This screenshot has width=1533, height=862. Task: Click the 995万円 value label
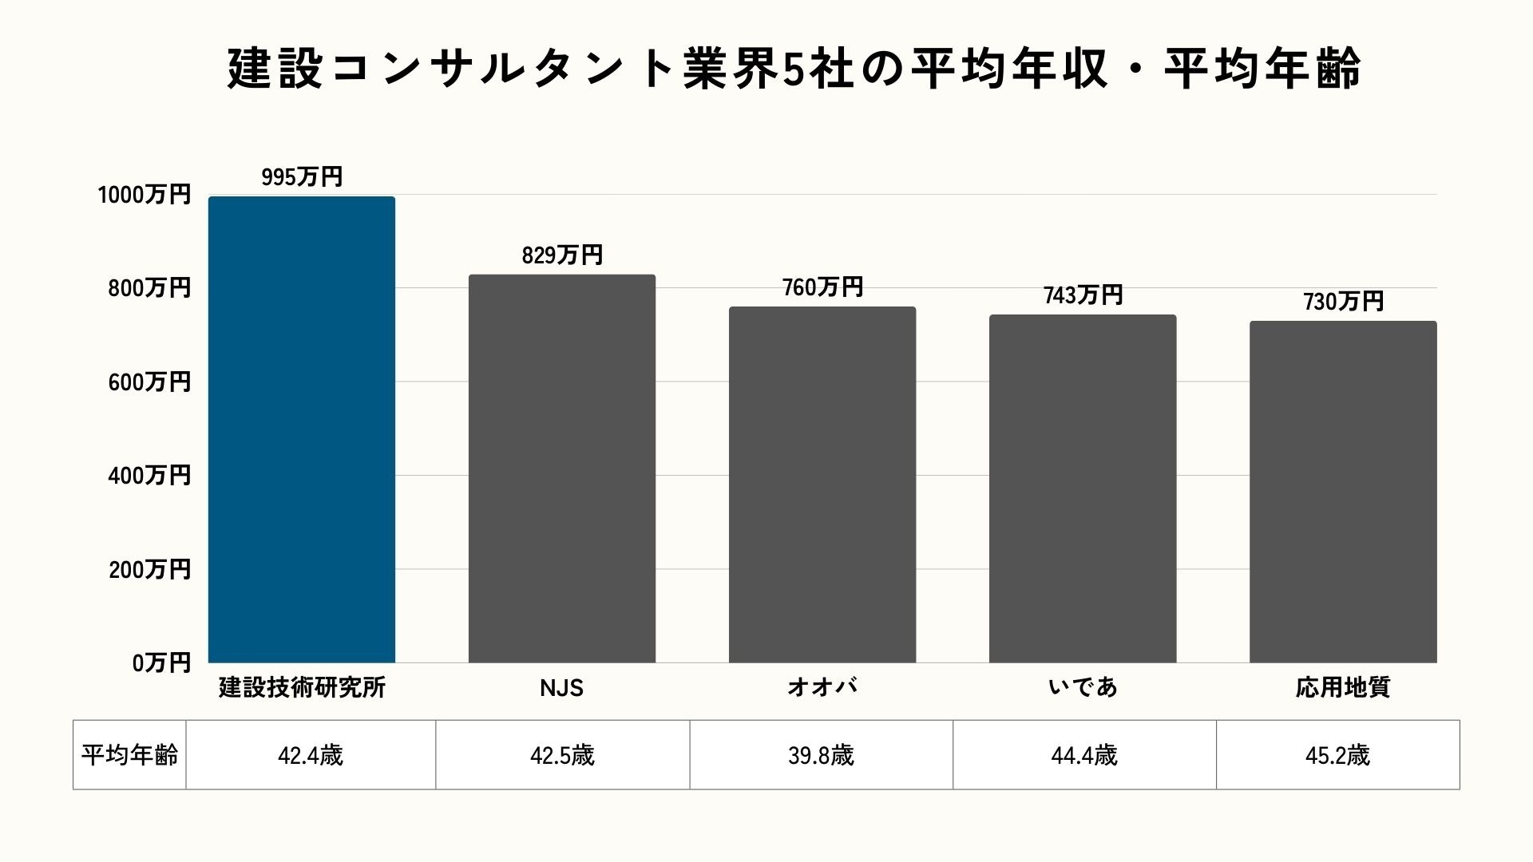point(302,176)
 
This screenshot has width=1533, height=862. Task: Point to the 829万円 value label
point(562,255)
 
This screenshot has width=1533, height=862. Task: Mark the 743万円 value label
point(1083,295)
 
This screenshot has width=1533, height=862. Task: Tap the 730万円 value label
point(1343,301)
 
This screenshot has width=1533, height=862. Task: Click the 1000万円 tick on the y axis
point(145,195)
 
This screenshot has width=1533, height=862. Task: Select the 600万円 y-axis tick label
point(149,382)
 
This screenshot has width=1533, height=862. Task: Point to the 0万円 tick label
point(161,662)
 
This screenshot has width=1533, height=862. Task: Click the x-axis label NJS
point(561,687)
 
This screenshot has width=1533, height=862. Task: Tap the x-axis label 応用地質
point(1342,687)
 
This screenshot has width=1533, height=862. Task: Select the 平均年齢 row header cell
point(129,755)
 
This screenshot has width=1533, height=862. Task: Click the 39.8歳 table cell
point(821,755)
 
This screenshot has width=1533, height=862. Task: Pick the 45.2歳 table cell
point(1337,755)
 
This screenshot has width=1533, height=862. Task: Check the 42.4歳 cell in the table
point(311,755)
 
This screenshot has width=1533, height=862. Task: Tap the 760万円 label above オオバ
point(822,287)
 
